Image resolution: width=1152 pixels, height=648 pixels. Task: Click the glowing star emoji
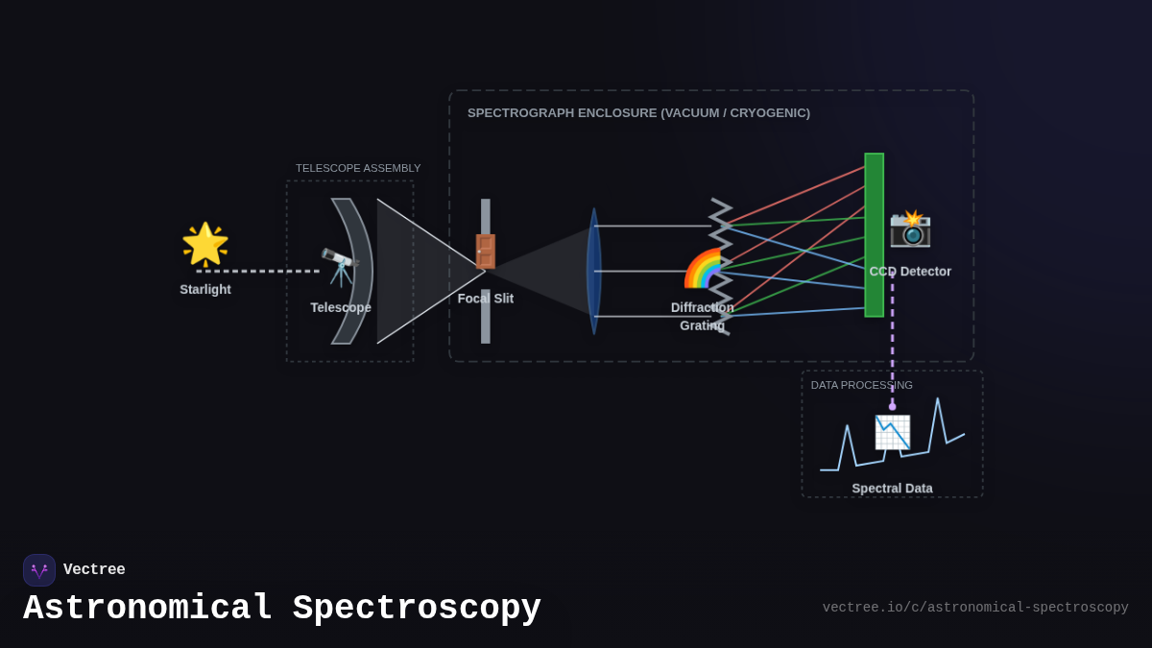[205, 244]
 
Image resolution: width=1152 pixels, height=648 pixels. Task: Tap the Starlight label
[205, 289]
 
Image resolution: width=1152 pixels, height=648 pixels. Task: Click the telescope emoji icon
[340, 267]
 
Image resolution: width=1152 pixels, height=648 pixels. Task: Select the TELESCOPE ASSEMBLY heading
[358, 168]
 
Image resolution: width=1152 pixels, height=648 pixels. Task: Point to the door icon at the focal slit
[486, 252]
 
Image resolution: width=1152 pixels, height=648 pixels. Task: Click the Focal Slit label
[486, 299]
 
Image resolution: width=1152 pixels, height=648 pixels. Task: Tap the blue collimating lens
[594, 271]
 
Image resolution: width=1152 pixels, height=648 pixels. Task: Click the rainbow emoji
[704, 269]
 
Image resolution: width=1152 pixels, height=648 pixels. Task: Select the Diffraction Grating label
[702, 317]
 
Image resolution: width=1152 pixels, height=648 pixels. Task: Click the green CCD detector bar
[874, 235]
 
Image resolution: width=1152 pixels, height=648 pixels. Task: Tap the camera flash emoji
[910, 228]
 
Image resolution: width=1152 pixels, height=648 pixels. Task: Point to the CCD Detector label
[910, 272]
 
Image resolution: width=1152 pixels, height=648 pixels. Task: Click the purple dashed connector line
[892, 346]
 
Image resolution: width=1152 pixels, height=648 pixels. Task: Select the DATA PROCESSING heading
[861, 385]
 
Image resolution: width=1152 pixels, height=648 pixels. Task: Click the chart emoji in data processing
[892, 432]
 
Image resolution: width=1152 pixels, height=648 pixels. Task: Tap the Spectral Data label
[892, 488]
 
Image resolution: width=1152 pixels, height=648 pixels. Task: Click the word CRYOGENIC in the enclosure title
[769, 113]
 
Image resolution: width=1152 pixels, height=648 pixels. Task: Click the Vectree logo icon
[39, 570]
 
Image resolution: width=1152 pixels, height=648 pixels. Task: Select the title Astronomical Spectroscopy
[282, 608]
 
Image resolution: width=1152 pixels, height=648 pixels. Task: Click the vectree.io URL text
[974, 608]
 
